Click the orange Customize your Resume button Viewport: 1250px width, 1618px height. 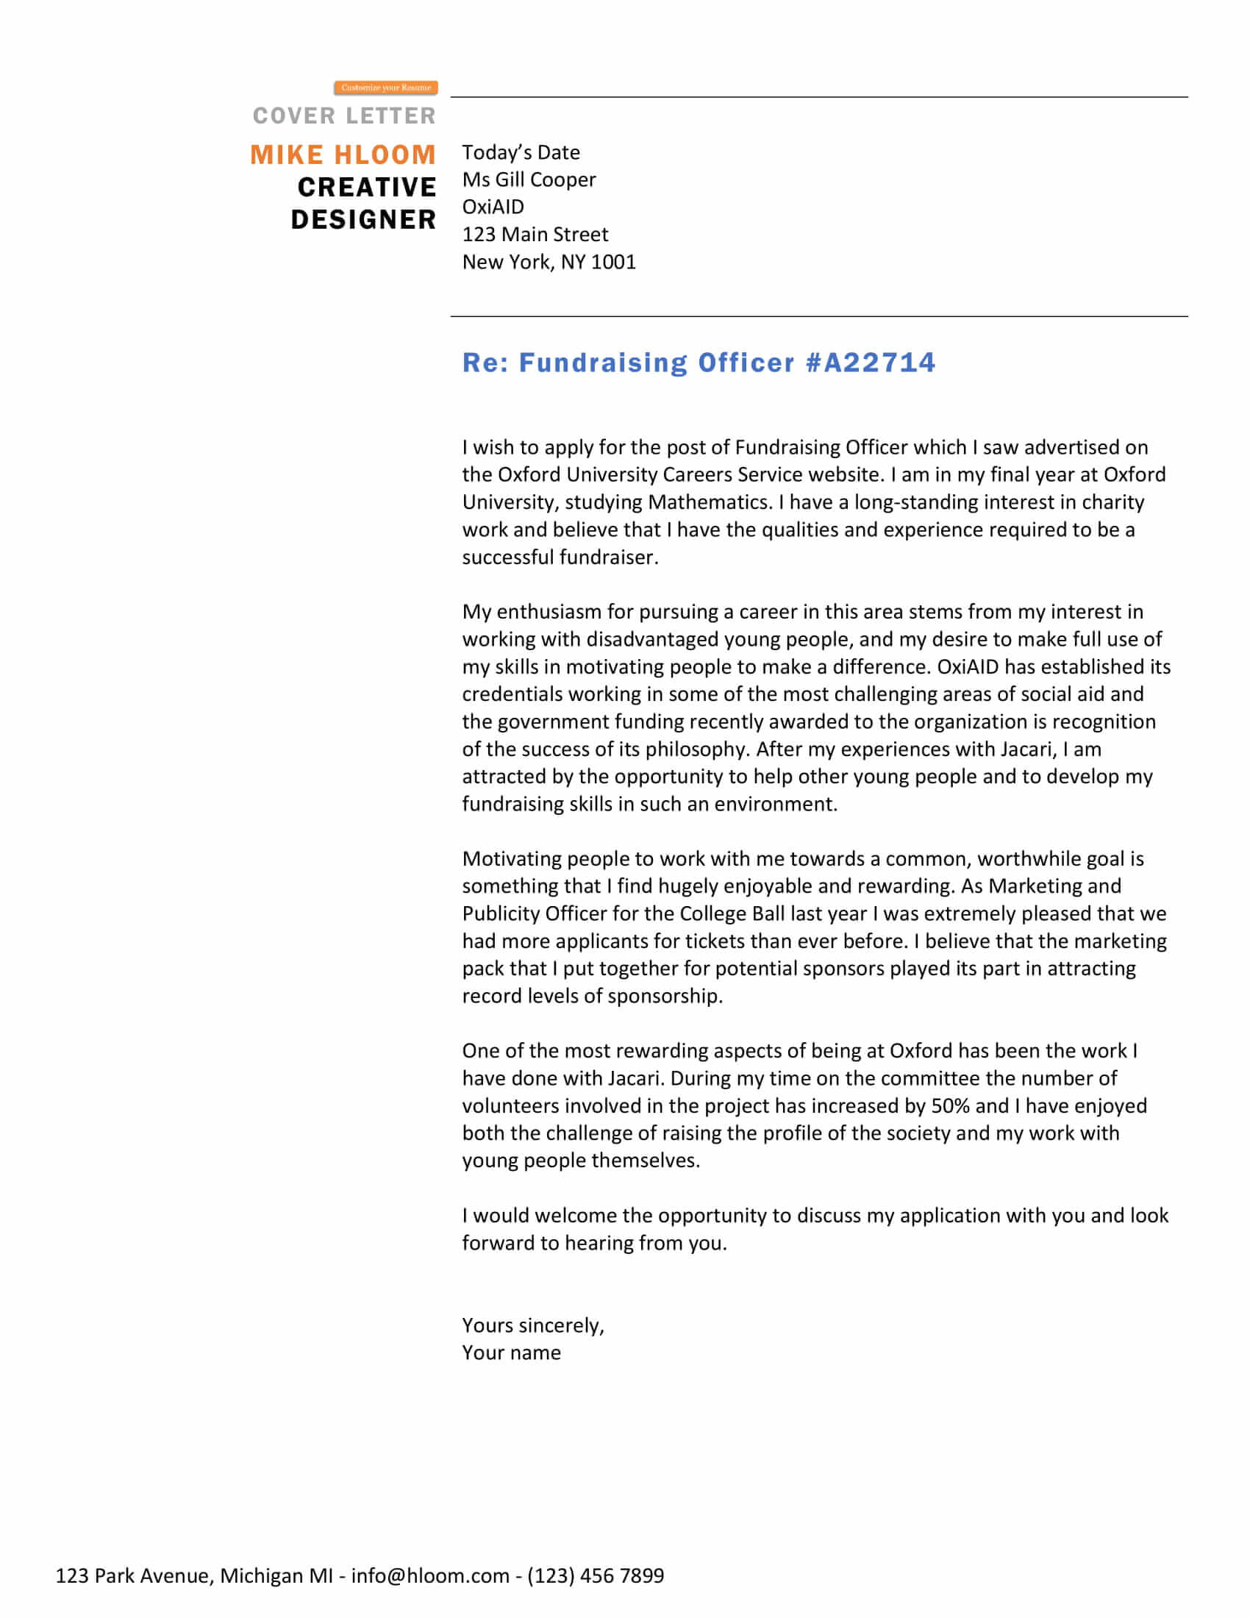(386, 88)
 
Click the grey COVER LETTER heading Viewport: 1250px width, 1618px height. (344, 115)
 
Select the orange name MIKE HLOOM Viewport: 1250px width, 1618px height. (343, 155)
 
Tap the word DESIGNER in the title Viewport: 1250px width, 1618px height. (363, 219)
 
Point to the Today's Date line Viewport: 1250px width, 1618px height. (521, 153)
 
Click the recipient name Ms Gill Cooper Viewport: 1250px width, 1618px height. (529, 180)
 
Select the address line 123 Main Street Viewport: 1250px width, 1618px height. (535, 235)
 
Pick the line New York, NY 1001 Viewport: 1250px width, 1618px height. (549, 263)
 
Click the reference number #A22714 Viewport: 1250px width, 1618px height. (870, 363)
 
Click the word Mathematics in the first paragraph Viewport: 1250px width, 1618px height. (710, 502)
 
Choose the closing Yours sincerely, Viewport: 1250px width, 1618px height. (533, 1325)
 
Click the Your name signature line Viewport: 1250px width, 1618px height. (511, 1353)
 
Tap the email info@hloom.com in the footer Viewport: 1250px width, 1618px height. (430, 1575)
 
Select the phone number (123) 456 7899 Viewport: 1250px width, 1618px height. (596, 1575)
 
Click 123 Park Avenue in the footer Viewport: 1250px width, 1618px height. (134, 1575)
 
